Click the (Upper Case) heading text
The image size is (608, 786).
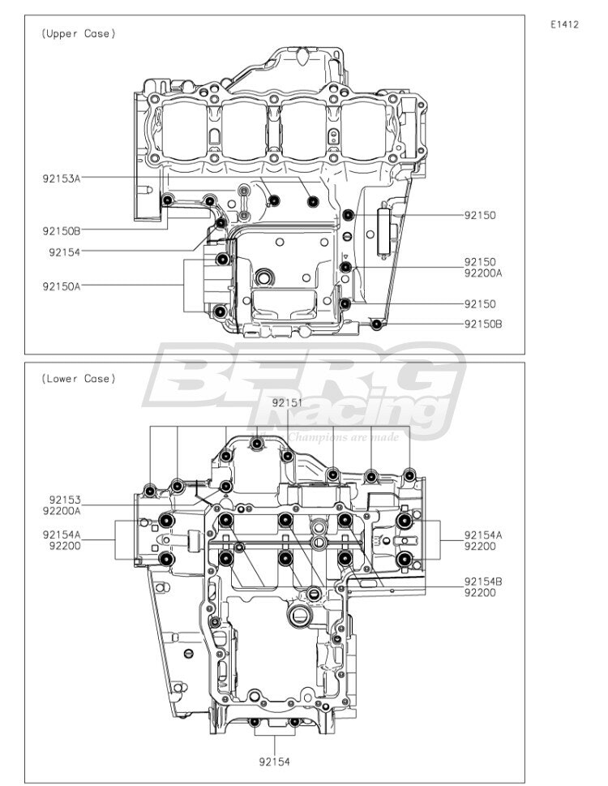pos(78,33)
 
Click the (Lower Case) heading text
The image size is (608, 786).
pos(78,379)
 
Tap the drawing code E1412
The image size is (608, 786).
pos(564,24)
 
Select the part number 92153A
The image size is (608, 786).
pos(61,178)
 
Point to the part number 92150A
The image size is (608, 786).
pos(61,286)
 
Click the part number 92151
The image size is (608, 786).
pos(288,402)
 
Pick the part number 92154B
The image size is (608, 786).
pos(483,582)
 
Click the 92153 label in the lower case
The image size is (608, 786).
pos(65,500)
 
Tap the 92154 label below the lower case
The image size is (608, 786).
pos(275,762)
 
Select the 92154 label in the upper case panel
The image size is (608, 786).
pos(65,252)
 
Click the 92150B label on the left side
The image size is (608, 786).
pos(61,231)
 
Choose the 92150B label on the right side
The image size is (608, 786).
pos(483,324)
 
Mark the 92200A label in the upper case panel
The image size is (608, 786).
pos(483,273)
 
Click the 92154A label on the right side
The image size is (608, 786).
pos(483,535)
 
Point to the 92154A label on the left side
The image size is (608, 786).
pos(61,535)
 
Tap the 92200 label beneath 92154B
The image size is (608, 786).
pos(480,592)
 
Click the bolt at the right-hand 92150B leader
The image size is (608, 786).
pos(377,324)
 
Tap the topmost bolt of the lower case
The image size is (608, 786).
pos(257,444)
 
